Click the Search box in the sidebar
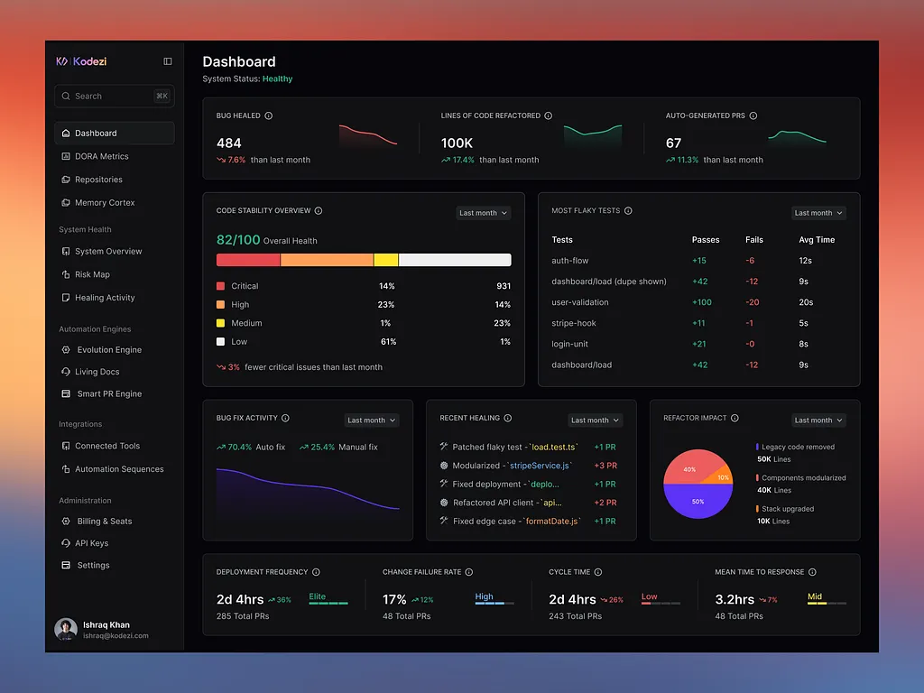tap(115, 96)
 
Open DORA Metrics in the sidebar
tap(101, 156)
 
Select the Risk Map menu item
tap(92, 274)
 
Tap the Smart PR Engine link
tap(109, 393)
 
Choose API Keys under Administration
tap(91, 543)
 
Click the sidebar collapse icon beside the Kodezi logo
tap(168, 61)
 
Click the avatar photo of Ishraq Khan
tap(66, 629)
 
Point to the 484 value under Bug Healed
tap(228, 143)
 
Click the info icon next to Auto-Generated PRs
tap(753, 115)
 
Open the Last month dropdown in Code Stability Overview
tap(484, 213)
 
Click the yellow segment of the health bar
tap(386, 260)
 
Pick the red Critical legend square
tap(220, 286)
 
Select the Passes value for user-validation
tap(702, 302)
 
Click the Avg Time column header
tap(817, 240)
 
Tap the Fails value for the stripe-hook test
tap(750, 323)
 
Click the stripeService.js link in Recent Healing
tap(540, 466)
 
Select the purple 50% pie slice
tap(698, 502)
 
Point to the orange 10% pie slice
tap(721, 476)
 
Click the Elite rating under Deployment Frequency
tap(317, 596)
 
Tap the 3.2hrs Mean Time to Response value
tap(735, 599)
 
